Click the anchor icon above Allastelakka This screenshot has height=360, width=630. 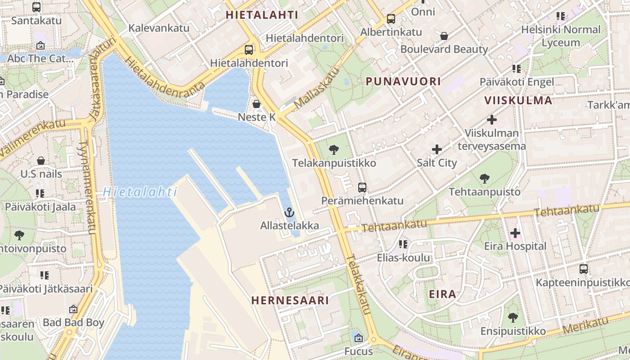(290, 211)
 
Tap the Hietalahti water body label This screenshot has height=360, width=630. (139, 192)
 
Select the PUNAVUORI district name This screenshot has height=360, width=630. (403, 81)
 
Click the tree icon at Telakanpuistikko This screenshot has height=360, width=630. (334, 150)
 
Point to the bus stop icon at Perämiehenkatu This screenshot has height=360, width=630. (362, 188)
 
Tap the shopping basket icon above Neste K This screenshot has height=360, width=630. (256, 104)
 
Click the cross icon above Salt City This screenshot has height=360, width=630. (436, 149)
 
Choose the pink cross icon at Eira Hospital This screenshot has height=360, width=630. (515, 233)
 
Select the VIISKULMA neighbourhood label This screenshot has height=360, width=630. (518, 100)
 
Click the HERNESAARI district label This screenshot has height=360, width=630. (290, 300)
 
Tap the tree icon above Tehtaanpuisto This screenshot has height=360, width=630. (485, 179)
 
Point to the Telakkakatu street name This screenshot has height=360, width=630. (359, 284)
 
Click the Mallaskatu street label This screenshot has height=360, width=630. (316, 88)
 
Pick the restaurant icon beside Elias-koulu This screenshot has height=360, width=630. (403, 244)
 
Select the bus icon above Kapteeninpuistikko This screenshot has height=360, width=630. (584, 269)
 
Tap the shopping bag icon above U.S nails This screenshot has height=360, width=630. (41, 161)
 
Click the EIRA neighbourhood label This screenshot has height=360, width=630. (442, 294)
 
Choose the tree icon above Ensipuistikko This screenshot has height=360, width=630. (513, 318)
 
